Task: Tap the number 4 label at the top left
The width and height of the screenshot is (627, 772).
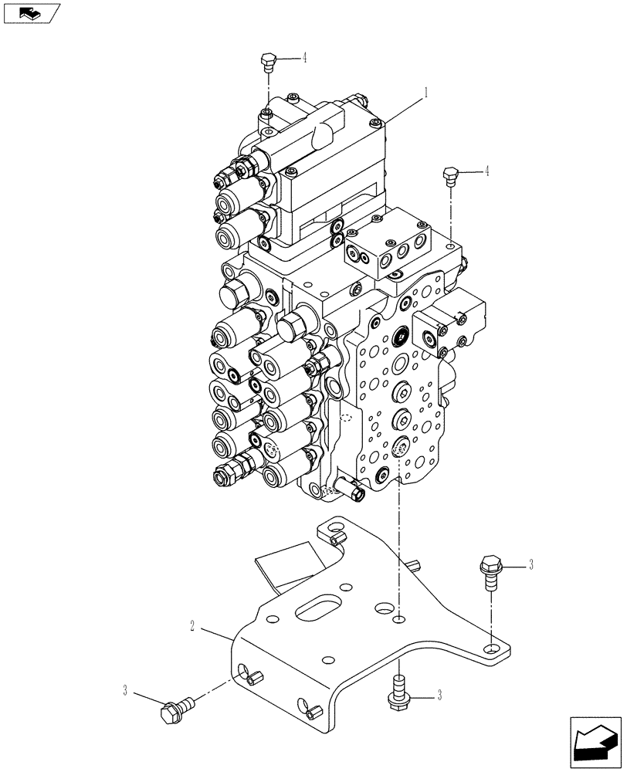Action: click(x=304, y=58)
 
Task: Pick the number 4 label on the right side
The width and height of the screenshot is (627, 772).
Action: click(x=486, y=172)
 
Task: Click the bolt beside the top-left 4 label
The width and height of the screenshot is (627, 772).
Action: click(x=268, y=60)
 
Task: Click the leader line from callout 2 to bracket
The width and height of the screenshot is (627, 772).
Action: click(x=216, y=631)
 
